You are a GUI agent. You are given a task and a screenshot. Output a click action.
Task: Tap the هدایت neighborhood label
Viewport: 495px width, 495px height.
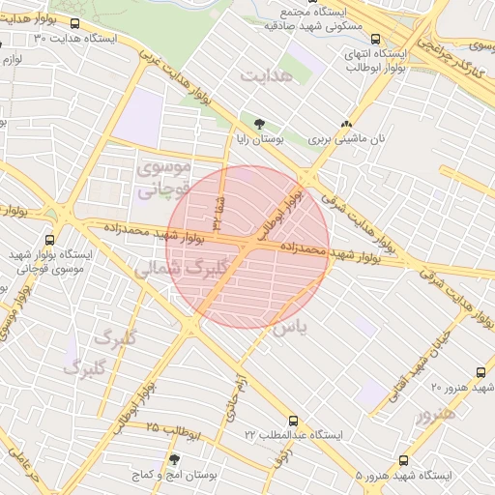pos(266,75)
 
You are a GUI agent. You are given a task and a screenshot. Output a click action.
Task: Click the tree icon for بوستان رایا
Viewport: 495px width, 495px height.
pos(258,124)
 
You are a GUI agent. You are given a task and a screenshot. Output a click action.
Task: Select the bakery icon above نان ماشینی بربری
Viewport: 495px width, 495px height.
pos(346,124)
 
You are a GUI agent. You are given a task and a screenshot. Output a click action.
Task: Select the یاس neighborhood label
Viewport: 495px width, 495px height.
pos(288,329)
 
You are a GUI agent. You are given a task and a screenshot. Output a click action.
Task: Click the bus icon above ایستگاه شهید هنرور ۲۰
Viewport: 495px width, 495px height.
pos(480,372)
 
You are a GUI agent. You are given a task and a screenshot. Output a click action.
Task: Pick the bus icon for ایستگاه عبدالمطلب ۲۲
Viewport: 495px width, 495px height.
pos(293,422)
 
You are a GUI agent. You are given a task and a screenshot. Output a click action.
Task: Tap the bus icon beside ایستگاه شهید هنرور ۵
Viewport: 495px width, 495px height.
pos(402,461)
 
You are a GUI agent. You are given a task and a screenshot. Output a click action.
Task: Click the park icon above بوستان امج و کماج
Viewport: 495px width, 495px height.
pos(174,460)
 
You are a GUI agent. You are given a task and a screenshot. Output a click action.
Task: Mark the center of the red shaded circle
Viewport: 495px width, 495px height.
pos(248,247)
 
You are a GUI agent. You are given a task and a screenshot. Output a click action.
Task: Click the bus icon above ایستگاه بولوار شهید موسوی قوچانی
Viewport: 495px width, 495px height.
pos(50,242)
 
